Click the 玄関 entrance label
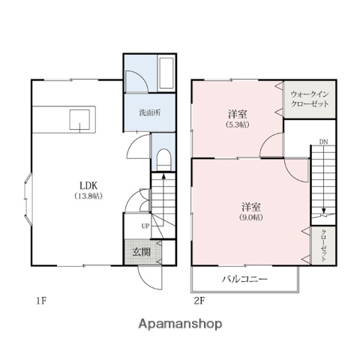click(x=142, y=253)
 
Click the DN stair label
click(x=322, y=142)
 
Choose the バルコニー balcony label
click(x=245, y=279)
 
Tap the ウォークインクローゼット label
click(x=310, y=98)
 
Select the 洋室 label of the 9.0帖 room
click(x=251, y=205)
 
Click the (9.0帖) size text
click(x=251, y=217)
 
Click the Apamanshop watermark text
click(x=180, y=325)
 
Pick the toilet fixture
click(x=163, y=160)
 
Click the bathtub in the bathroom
click(x=166, y=72)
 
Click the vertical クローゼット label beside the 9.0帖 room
click(x=323, y=244)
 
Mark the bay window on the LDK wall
click(x=27, y=199)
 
